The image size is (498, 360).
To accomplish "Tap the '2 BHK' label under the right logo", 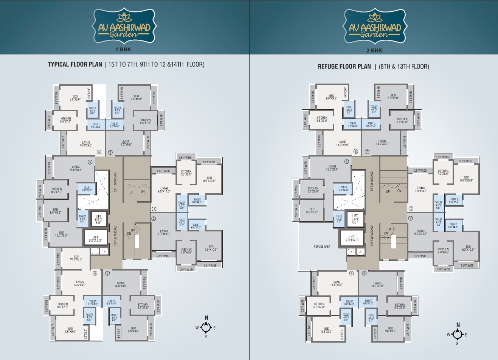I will [374, 50].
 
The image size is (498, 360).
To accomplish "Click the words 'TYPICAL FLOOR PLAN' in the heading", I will [74, 64].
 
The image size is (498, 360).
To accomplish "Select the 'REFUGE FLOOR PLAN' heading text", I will [344, 67].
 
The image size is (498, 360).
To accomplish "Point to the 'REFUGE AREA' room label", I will [322, 247].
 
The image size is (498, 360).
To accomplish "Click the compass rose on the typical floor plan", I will [206, 327].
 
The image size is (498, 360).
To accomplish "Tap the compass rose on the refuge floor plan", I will [457, 334].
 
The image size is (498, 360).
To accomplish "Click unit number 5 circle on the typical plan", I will [90, 162].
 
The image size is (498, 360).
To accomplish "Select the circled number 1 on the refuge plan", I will [411, 208].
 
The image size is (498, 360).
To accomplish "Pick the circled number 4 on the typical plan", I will [95, 273].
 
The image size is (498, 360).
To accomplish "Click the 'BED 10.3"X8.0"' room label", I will [76, 258].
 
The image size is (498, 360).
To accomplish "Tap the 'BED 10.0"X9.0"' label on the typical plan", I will [61, 234].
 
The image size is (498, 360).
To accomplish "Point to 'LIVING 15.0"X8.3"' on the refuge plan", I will [332, 168].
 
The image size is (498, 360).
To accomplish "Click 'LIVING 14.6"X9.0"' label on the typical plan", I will [80, 283].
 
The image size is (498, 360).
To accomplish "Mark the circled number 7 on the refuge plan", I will [367, 152].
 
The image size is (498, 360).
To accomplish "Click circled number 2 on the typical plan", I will [154, 219].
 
